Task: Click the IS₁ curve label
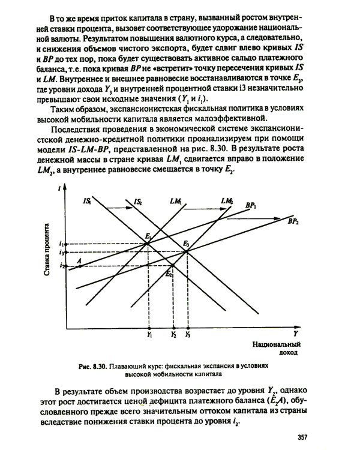click(86, 202)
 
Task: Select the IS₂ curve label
click(138, 202)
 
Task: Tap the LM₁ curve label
click(176, 202)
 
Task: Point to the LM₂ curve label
click(226, 200)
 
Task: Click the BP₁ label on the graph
click(250, 205)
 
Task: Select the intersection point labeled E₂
click(172, 265)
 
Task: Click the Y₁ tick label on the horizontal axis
click(149, 334)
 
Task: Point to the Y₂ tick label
click(173, 334)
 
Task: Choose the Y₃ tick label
click(188, 334)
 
